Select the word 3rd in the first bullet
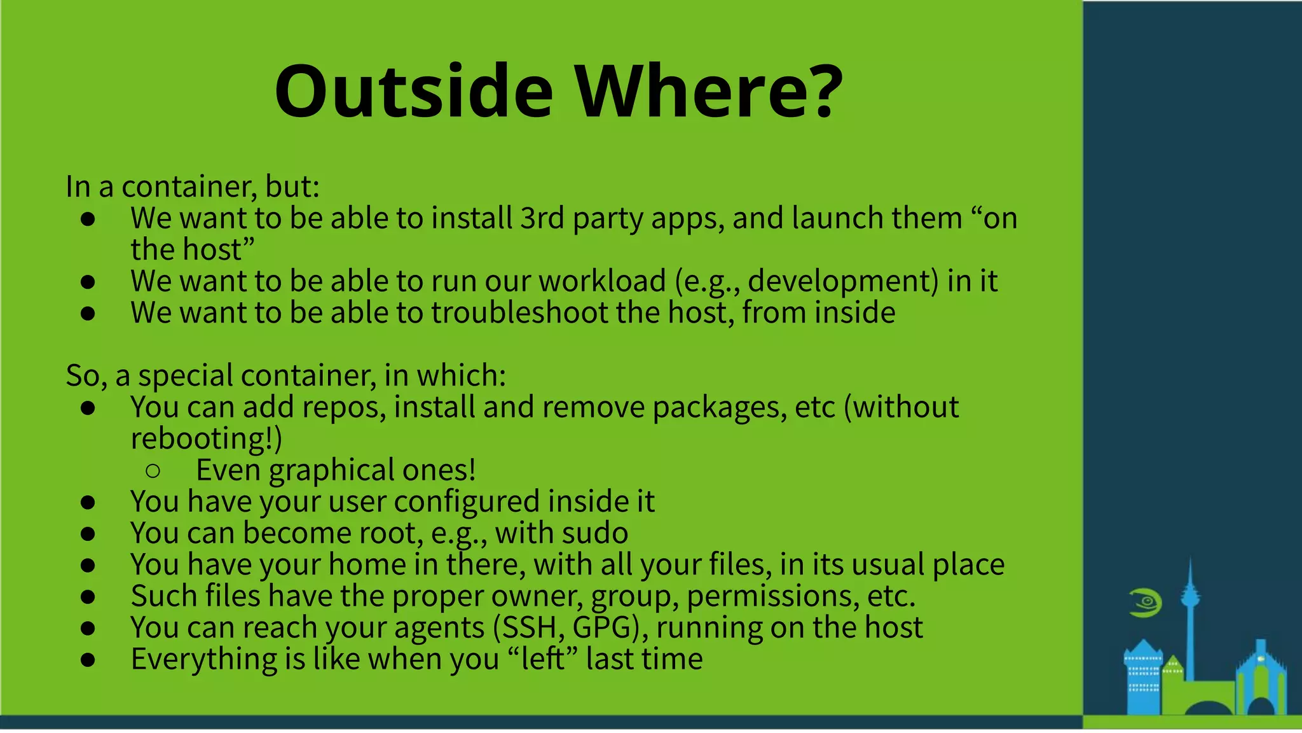542,218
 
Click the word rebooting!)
206,438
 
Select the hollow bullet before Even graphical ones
153,471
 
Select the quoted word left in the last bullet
542,659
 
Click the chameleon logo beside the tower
1146,603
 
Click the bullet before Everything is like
88,660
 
